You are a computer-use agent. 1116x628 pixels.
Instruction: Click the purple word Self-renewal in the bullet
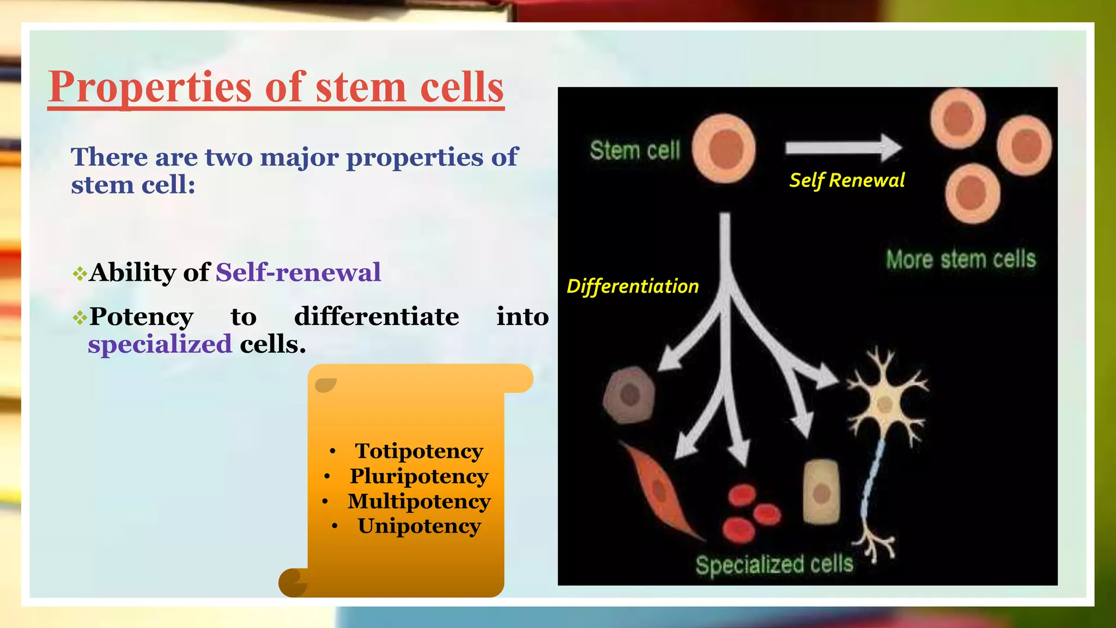pyautogui.click(x=298, y=272)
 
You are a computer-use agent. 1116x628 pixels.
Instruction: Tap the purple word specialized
pyautogui.click(x=160, y=345)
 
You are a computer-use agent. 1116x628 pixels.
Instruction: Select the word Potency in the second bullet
pyautogui.click(x=142, y=317)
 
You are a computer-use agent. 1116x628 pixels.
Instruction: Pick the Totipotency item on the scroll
pyautogui.click(x=418, y=451)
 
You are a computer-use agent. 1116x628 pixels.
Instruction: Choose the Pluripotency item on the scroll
pyautogui.click(x=418, y=476)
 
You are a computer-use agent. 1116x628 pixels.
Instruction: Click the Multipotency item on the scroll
pyautogui.click(x=418, y=502)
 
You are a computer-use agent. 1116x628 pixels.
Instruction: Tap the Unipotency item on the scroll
pyautogui.click(x=418, y=527)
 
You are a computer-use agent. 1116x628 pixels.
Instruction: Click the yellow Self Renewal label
pyautogui.click(x=847, y=180)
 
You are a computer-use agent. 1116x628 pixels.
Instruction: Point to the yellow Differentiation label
pyautogui.click(x=632, y=287)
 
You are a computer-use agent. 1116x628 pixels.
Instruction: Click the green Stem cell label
pyautogui.click(x=635, y=150)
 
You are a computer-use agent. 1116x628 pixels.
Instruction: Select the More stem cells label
pyautogui.click(x=960, y=259)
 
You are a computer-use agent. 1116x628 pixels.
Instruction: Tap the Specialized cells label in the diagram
pyautogui.click(x=774, y=565)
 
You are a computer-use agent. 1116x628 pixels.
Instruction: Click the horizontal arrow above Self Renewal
pyautogui.click(x=842, y=148)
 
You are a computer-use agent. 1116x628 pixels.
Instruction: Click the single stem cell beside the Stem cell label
pyautogui.click(x=724, y=149)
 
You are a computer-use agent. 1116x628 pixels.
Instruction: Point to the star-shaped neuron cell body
pyautogui.click(x=884, y=404)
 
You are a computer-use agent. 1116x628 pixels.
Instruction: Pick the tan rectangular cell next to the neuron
pyautogui.click(x=821, y=492)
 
